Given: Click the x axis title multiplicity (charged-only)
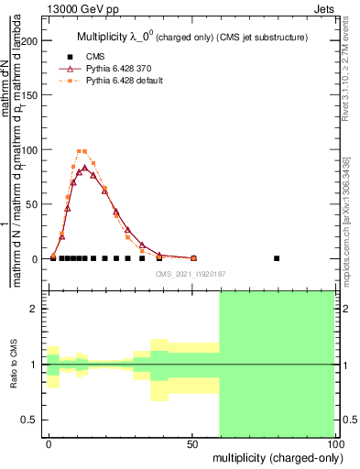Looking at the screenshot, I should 276,457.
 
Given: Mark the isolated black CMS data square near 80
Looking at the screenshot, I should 277,258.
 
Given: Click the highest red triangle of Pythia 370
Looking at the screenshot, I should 84,168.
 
